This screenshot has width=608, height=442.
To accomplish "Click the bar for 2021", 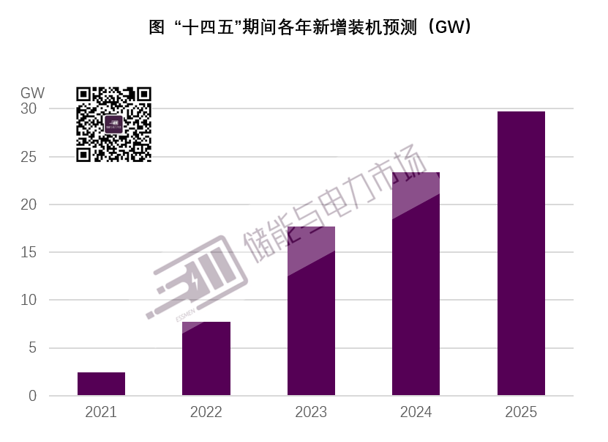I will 101,384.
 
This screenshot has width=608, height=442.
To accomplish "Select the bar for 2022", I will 206,359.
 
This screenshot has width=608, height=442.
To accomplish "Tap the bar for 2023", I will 311,312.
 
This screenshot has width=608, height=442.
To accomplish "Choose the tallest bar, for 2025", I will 521,254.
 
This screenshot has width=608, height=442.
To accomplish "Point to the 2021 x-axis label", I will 101,413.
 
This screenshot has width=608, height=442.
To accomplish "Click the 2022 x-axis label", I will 206,413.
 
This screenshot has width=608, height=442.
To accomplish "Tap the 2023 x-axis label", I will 311,413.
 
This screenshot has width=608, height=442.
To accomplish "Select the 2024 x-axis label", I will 416,413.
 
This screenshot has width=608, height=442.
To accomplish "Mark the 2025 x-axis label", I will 521,413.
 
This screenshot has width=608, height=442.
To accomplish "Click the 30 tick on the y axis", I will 29,108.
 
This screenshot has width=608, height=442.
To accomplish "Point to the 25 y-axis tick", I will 29,157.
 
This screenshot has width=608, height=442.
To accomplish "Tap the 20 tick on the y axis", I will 29,205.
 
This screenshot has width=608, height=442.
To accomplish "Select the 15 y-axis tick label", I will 29,252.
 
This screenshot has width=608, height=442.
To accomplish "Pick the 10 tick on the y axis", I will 29,300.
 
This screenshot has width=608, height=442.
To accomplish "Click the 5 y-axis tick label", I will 32,348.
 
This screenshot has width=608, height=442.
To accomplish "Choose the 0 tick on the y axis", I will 32,396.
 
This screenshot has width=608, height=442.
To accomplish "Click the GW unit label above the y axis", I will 32,93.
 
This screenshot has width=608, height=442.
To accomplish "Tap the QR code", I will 113,124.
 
